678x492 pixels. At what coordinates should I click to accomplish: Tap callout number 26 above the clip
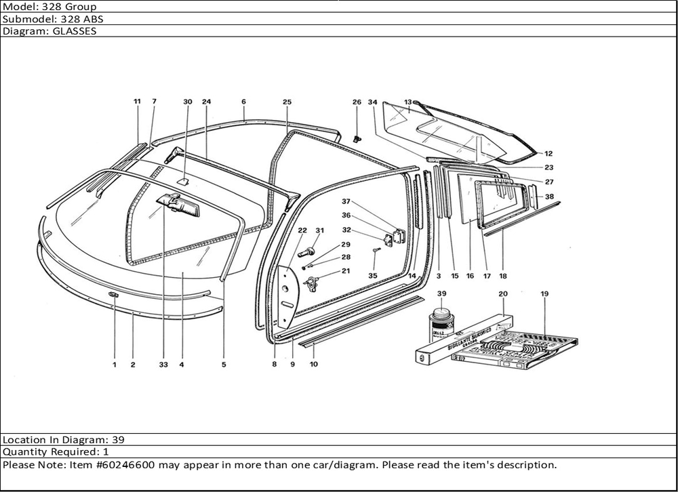pos(357,102)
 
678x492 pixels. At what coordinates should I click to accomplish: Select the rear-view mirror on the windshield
pos(178,203)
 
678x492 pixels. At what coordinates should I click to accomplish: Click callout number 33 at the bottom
pos(163,365)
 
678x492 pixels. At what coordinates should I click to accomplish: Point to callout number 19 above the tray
pos(544,293)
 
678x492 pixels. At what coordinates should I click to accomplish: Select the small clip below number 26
pos(357,139)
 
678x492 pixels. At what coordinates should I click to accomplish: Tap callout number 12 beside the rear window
pos(548,154)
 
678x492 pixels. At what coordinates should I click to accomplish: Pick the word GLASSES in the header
pos(75,31)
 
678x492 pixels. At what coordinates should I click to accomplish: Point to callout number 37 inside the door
pos(345,201)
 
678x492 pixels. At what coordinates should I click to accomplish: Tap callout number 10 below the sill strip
pos(313,365)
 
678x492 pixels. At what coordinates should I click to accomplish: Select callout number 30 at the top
pos(188,102)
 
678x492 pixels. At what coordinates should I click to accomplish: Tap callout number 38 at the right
pos(549,197)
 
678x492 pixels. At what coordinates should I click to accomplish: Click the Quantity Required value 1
pos(106,452)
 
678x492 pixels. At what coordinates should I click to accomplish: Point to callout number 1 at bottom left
pos(115,365)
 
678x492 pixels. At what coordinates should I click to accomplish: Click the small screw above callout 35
pos(375,252)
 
